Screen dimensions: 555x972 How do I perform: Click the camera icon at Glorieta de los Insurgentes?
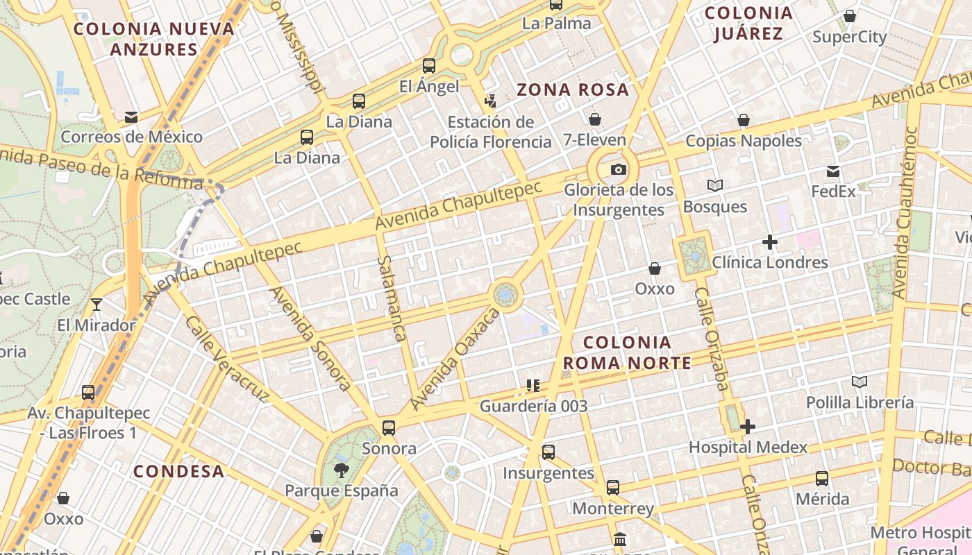[618, 169]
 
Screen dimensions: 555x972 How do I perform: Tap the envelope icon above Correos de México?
[131, 117]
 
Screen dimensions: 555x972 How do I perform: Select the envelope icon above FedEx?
[833, 171]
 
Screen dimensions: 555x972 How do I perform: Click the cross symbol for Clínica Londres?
[769, 242]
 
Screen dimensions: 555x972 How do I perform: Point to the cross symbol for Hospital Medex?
[747, 427]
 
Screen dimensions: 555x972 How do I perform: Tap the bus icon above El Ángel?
[429, 66]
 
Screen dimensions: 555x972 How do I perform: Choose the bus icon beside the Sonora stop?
[389, 427]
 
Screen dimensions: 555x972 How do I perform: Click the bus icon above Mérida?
[822, 478]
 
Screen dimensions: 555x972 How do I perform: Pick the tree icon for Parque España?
[341, 470]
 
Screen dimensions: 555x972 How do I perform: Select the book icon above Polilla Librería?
[860, 382]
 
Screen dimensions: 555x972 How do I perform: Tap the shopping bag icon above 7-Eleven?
[594, 119]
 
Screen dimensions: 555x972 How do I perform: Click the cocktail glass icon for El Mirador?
[97, 305]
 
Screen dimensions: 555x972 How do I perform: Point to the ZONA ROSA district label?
[573, 89]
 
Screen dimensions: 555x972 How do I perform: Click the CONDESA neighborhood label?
[179, 472]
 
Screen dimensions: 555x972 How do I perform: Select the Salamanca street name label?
[391, 298]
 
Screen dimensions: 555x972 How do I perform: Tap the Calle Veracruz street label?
[226, 359]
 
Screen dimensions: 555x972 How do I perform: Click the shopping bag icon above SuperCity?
[849, 16]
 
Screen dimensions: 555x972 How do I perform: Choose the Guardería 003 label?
[533, 406]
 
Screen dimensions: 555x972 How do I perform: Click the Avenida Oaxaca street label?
[455, 359]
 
